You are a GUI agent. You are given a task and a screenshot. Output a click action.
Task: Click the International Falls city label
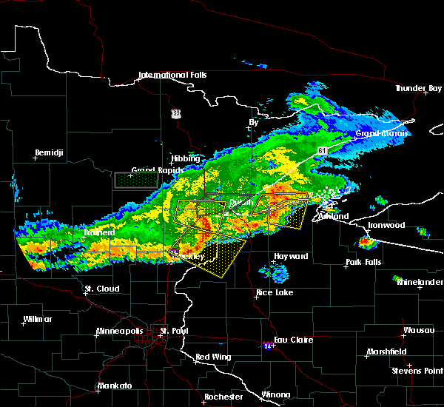(x=173, y=75)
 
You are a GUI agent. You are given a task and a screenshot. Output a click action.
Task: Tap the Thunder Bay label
(x=412, y=88)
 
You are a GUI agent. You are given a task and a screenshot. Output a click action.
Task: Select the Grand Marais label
(x=378, y=134)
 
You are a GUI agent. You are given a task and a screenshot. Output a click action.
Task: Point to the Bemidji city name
(x=50, y=153)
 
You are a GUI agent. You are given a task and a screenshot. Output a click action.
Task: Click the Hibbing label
(x=185, y=158)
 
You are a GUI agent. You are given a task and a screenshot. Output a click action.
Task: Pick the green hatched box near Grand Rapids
(x=136, y=180)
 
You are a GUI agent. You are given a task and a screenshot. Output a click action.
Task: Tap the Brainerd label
(x=98, y=232)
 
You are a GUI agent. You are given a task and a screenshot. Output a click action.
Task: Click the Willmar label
(x=38, y=319)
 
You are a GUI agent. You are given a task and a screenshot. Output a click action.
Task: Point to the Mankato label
(x=114, y=386)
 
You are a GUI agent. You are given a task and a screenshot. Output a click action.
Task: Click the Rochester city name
(x=223, y=397)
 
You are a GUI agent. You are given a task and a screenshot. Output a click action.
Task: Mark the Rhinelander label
(x=420, y=282)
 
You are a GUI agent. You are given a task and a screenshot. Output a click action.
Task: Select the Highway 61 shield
(x=323, y=150)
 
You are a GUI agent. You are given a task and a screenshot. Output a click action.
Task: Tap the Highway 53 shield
(x=175, y=113)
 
